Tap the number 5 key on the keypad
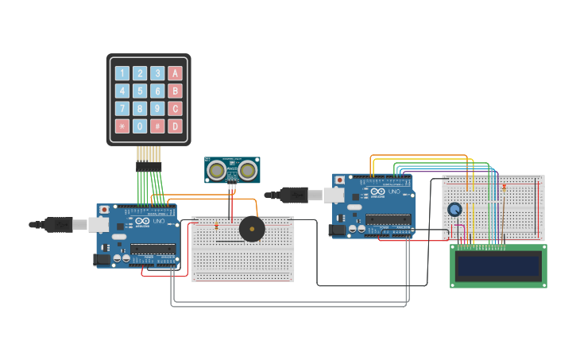(140, 91)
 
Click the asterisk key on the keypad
(122, 126)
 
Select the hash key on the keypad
(157, 126)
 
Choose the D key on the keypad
(175, 126)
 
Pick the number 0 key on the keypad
(140, 126)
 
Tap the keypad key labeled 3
(157, 73)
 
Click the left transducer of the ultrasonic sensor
(216, 170)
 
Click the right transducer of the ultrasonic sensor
(248, 170)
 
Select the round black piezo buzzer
(252, 230)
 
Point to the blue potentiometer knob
(454, 210)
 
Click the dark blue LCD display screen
(498, 265)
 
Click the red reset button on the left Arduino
(104, 210)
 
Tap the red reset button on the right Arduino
(340, 180)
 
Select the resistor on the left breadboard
(216, 226)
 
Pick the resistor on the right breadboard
(504, 187)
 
